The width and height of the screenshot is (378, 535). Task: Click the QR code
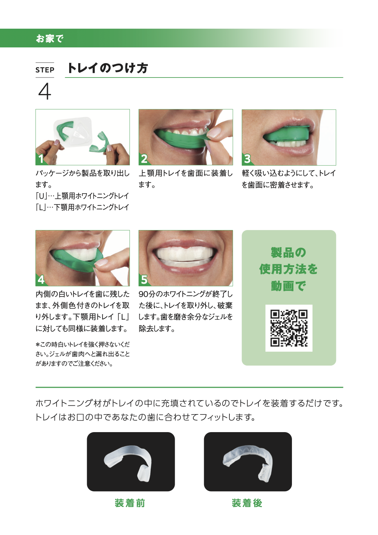(x=289, y=328)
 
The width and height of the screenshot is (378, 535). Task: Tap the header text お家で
(x=50, y=38)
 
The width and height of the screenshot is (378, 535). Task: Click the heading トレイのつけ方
(x=107, y=68)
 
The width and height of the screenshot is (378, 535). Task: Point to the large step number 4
(x=44, y=91)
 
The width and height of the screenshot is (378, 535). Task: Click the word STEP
(x=45, y=70)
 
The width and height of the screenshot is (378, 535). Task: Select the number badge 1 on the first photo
(x=41, y=159)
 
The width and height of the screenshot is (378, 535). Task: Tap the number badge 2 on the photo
(x=144, y=159)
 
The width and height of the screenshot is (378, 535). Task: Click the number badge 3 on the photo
(x=247, y=159)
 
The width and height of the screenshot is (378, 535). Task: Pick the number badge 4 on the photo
(x=41, y=280)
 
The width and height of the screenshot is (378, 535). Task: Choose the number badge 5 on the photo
(x=144, y=280)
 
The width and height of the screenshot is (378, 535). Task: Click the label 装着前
(x=130, y=503)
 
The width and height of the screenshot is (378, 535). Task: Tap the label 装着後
(x=247, y=503)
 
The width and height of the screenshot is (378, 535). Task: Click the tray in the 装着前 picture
(x=129, y=461)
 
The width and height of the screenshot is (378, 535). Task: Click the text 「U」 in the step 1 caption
(x=40, y=196)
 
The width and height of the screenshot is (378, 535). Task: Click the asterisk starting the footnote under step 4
(x=38, y=345)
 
